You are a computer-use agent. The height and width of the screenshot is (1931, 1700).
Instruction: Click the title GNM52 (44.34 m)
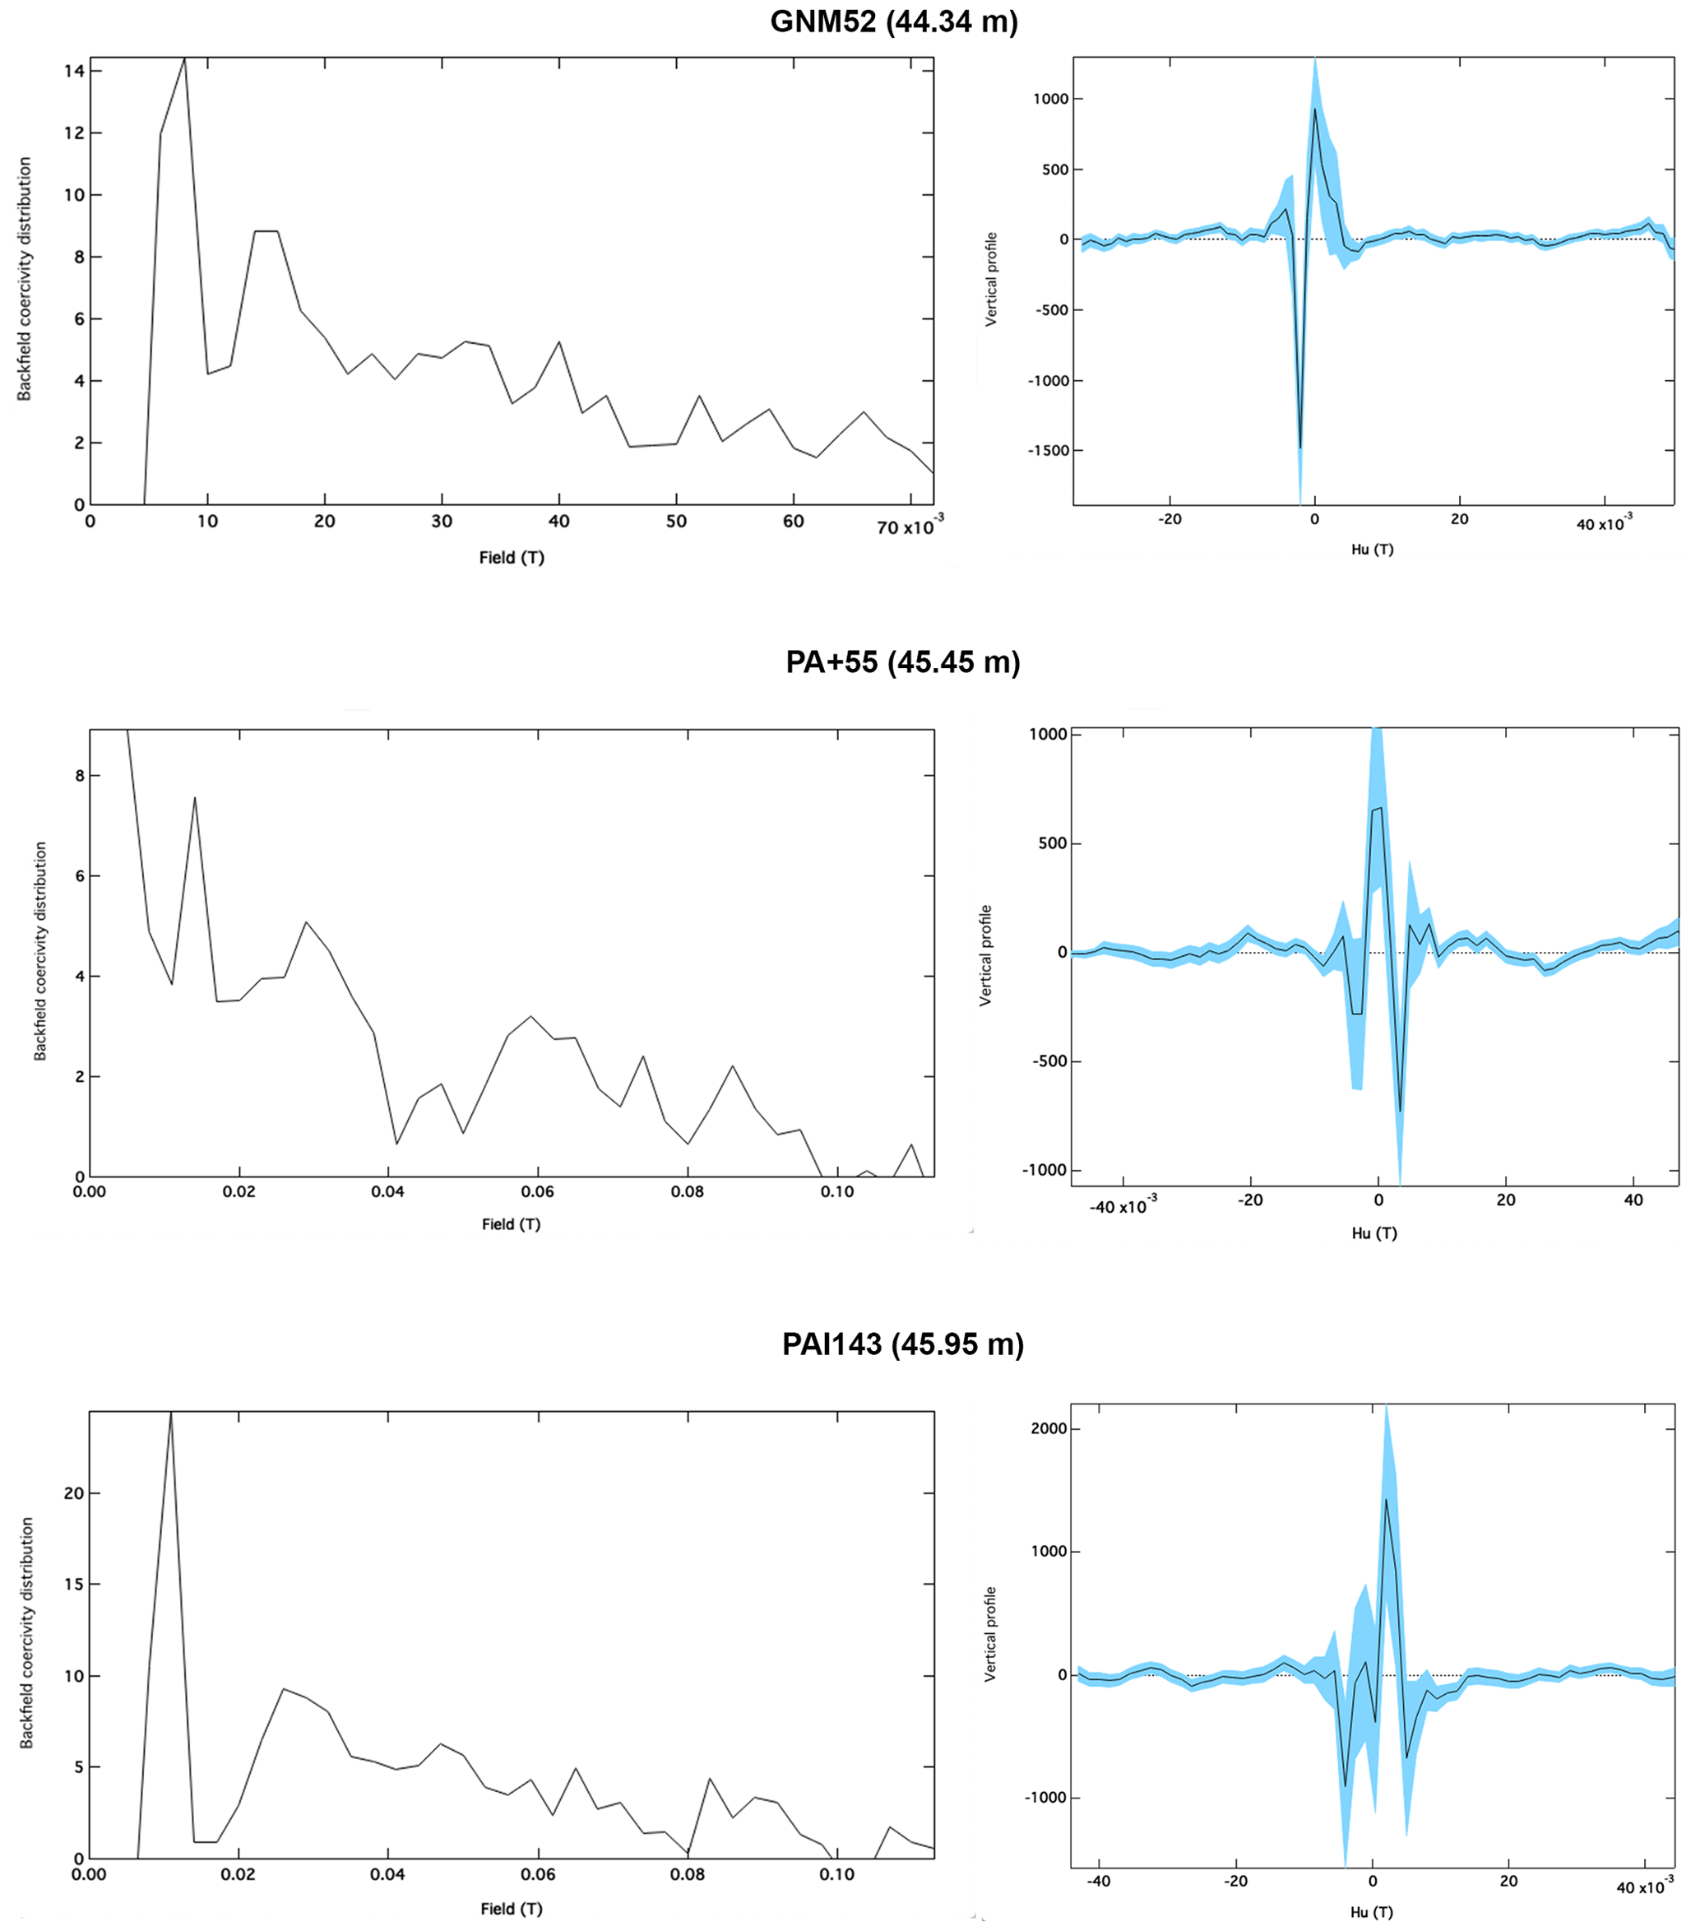tap(893, 21)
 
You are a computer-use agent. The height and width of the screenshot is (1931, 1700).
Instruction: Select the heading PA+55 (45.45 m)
tap(902, 661)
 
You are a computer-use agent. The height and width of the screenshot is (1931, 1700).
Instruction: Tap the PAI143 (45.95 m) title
tap(902, 1344)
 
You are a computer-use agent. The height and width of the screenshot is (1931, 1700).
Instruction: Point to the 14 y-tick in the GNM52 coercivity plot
tap(75, 71)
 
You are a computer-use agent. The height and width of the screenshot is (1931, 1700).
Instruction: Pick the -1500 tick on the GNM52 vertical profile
tap(1049, 451)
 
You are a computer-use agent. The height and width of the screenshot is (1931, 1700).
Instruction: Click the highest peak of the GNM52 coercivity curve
tap(184, 58)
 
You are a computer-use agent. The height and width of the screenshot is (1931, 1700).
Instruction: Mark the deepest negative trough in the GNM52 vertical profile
tap(1300, 447)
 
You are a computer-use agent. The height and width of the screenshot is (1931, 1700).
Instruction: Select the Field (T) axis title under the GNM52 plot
tap(511, 557)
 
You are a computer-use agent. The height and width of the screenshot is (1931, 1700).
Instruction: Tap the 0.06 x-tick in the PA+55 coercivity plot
tap(537, 1191)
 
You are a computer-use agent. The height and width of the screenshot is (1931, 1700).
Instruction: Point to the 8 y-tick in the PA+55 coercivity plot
tap(79, 776)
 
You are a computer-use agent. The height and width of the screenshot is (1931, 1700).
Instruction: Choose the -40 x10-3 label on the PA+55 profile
tap(1122, 1206)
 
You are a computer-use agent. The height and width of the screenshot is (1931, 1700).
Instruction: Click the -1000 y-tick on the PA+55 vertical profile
tap(1046, 1170)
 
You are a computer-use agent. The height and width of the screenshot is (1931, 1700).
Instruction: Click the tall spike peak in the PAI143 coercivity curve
tap(171, 1414)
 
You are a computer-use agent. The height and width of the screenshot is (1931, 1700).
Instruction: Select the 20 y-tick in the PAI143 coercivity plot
tap(74, 1492)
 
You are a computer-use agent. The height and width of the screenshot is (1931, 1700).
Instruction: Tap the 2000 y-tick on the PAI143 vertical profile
tap(1049, 1428)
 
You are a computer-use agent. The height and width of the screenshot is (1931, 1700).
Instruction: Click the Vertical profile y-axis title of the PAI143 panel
tap(989, 1633)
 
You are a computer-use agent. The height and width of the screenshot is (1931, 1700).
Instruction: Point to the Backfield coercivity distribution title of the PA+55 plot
tap(40, 951)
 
